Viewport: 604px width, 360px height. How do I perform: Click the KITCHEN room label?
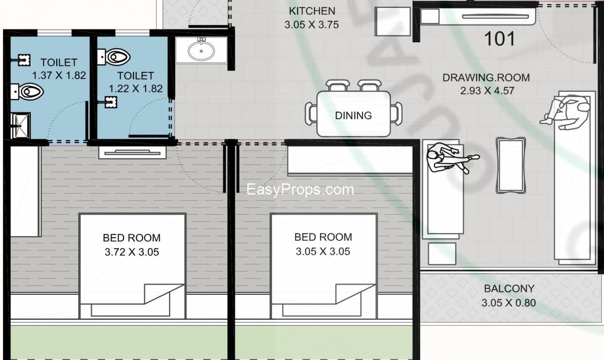tap(312, 11)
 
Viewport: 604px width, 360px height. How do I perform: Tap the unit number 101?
tap(500, 39)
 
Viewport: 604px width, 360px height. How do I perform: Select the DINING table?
tap(353, 114)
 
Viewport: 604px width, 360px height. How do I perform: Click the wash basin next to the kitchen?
tap(201, 50)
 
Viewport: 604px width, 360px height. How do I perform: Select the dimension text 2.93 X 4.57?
tap(487, 90)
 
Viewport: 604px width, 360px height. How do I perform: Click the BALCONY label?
tap(509, 289)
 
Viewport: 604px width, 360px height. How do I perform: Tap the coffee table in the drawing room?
tap(511, 165)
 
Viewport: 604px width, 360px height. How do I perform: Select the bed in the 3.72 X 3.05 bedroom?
tap(133, 266)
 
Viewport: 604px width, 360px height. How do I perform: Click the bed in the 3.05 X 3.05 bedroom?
tap(324, 266)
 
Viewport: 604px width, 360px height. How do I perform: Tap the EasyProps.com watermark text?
tap(300, 189)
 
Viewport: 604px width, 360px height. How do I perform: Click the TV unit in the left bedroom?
tap(133, 153)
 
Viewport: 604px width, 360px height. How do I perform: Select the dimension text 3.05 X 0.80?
tap(508, 303)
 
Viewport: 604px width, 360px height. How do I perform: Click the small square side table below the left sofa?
tap(442, 254)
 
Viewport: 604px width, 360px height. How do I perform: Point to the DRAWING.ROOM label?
tap(486, 78)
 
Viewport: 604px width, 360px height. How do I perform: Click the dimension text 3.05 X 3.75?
tap(312, 25)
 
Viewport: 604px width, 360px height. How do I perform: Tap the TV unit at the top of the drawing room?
tap(478, 16)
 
